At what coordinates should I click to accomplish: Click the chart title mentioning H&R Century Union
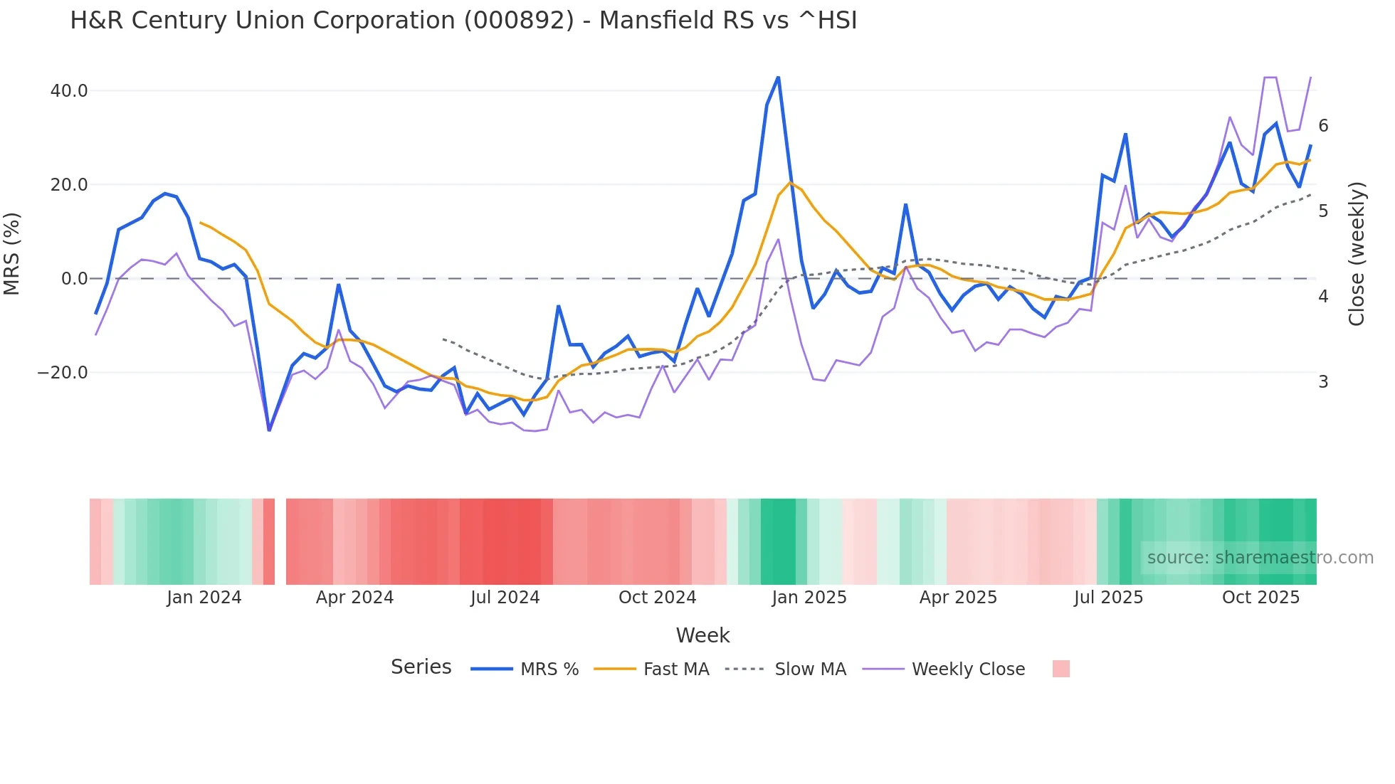[x=463, y=21]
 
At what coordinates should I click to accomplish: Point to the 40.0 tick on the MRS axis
[x=69, y=91]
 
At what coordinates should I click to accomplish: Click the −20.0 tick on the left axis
[x=63, y=373]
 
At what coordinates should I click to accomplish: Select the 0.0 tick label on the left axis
[x=74, y=279]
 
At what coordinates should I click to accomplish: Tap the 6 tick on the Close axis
[x=1323, y=126]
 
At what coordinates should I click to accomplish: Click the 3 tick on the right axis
[x=1323, y=382]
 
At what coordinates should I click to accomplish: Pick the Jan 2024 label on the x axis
[x=204, y=598]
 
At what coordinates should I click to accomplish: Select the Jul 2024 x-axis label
[x=505, y=598]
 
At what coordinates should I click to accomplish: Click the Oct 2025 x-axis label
[x=1260, y=598]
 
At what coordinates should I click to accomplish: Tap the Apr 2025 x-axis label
[x=958, y=598]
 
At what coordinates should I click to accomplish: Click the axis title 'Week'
[x=702, y=635]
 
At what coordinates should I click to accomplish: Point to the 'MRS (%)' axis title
[x=12, y=254]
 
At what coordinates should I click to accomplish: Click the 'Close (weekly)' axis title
[x=1357, y=254]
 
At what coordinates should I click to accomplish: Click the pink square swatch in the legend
[x=1060, y=669]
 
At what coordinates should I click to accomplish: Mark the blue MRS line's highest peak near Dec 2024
[x=778, y=77]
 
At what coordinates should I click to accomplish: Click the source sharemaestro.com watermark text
[x=1260, y=558]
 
